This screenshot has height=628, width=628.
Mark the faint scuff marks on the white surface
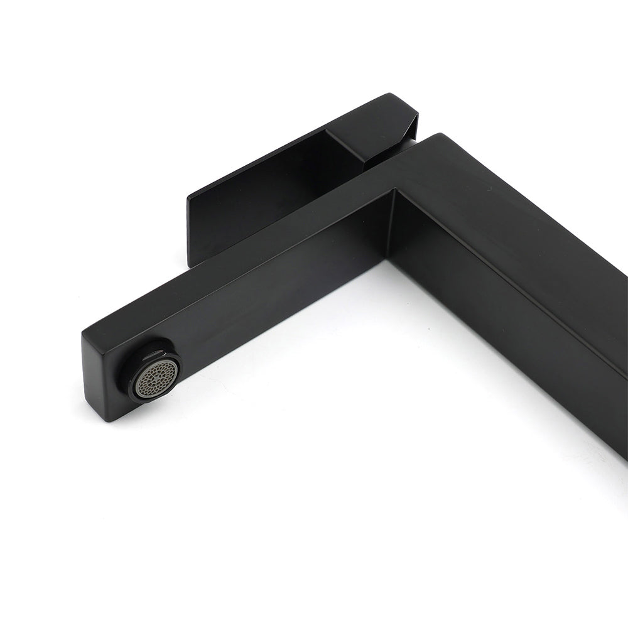pos(584,452)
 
